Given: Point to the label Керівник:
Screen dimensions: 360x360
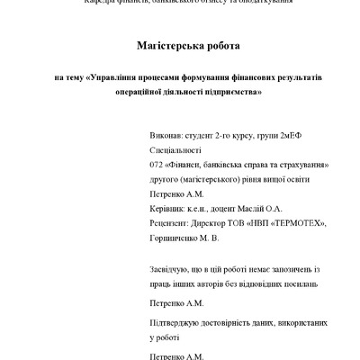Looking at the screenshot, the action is tap(166, 208).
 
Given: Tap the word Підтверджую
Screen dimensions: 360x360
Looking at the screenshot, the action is tap(174, 321).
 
